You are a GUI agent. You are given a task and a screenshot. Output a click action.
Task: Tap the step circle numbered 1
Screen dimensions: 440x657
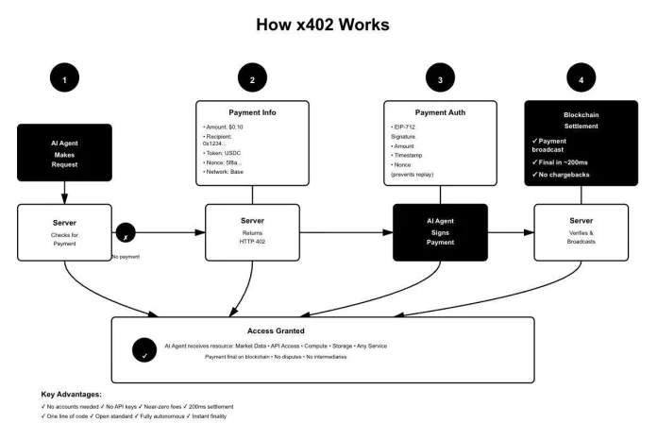click(x=64, y=80)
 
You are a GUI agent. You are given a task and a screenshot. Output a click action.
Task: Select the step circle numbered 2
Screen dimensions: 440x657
click(x=252, y=80)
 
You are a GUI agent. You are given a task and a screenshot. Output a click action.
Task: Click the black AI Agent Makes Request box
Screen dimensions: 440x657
click(x=64, y=153)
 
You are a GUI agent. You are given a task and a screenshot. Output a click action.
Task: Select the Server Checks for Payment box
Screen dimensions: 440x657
click(x=64, y=231)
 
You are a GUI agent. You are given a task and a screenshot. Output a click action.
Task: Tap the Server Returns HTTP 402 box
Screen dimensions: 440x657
click(x=252, y=231)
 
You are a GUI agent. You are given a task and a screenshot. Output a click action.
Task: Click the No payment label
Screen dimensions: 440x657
click(x=126, y=256)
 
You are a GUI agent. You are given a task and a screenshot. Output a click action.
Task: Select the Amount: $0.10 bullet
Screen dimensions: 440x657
click(x=226, y=125)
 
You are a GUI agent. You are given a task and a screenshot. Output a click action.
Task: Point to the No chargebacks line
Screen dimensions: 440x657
click(x=574, y=176)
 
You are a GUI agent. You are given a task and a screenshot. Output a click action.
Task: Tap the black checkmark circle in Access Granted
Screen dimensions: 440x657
click(x=144, y=349)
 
